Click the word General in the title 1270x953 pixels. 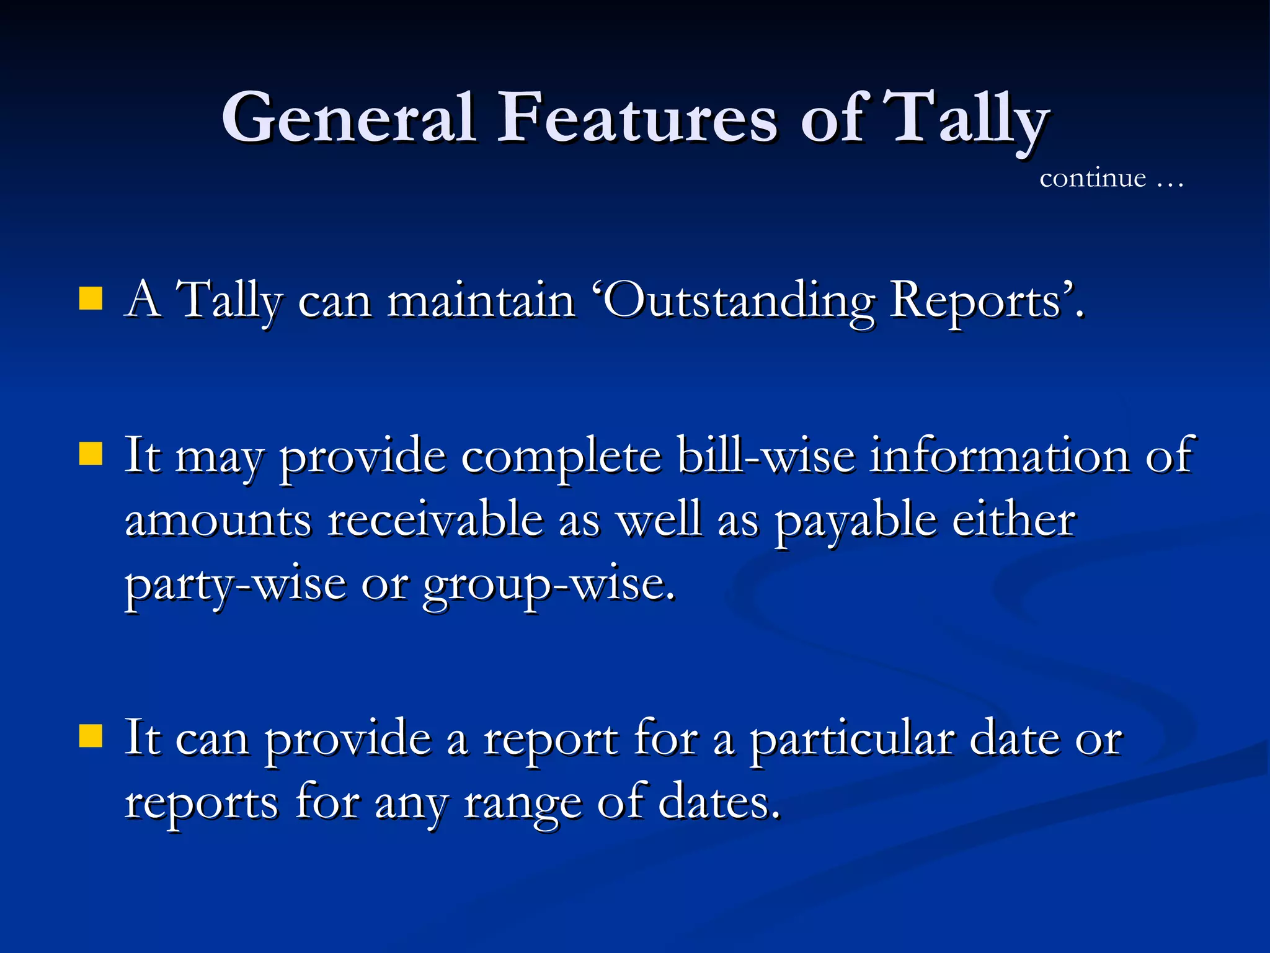click(x=349, y=118)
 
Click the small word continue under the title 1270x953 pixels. click(x=1093, y=179)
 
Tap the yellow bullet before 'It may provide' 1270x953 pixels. click(x=91, y=454)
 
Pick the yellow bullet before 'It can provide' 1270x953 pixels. click(x=91, y=736)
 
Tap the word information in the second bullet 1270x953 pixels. click(x=999, y=456)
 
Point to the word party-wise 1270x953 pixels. click(x=235, y=586)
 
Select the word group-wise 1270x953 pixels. click(x=548, y=586)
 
